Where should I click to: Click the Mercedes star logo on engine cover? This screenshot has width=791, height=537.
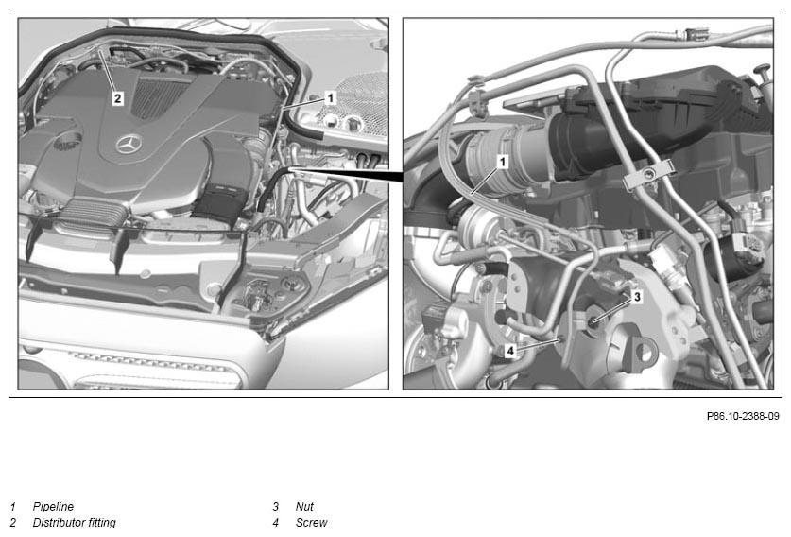(129, 145)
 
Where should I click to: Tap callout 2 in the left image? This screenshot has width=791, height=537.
(117, 98)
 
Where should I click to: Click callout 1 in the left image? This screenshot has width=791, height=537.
(331, 97)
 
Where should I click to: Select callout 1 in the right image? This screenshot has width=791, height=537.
(503, 162)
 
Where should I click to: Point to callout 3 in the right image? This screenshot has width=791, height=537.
(637, 296)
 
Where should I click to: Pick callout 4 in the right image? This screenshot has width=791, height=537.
(510, 350)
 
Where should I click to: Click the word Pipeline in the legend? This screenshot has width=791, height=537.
(53, 506)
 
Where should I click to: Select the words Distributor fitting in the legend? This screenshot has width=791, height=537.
(74, 523)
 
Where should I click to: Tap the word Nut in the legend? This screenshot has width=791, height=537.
(304, 506)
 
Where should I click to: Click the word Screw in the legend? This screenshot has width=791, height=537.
(311, 523)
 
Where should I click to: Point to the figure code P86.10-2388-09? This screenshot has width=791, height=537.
(743, 416)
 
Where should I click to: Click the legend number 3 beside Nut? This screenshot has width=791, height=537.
(275, 506)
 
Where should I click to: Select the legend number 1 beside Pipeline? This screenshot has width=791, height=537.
(13, 506)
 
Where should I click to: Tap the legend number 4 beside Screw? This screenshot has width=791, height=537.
(275, 523)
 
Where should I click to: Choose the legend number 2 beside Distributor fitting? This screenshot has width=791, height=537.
(13, 523)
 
